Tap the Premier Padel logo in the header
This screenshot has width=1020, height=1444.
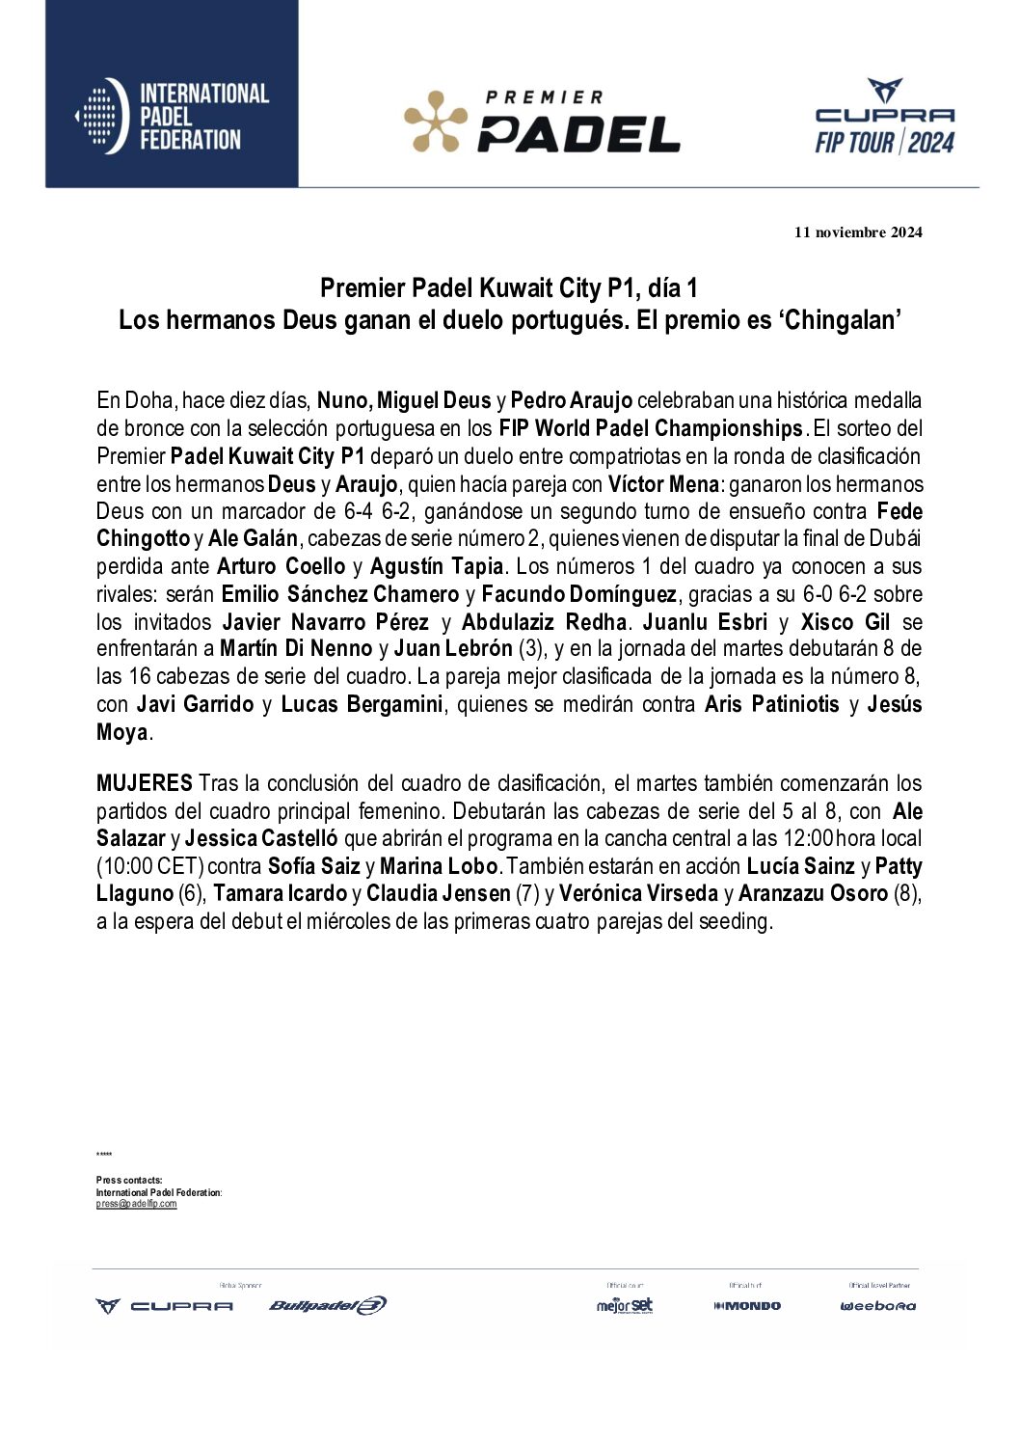click(x=542, y=122)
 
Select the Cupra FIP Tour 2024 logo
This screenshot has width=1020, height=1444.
click(x=884, y=118)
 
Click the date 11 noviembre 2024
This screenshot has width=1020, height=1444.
click(x=858, y=232)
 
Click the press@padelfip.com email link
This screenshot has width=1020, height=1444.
click(x=136, y=1204)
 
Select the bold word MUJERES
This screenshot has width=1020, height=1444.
click(x=144, y=783)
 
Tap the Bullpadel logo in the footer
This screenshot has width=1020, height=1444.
click(x=327, y=1306)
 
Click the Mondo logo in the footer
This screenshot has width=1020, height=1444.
click(x=747, y=1306)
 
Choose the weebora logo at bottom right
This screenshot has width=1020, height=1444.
click(x=877, y=1306)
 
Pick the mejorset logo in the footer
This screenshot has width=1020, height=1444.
click(x=625, y=1306)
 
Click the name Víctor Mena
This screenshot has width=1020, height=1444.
click(x=663, y=484)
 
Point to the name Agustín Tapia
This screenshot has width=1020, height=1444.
click(x=437, y=566)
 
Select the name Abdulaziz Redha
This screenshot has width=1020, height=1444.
click(x=545, y=622)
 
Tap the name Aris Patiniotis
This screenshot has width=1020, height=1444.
click(x=772, y=704)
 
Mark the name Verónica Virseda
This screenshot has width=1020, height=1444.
click(x=638, y=894)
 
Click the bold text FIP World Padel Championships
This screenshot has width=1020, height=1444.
click(x=651, y=428)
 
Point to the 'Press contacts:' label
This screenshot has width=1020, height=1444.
click(x=129, y=1181)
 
